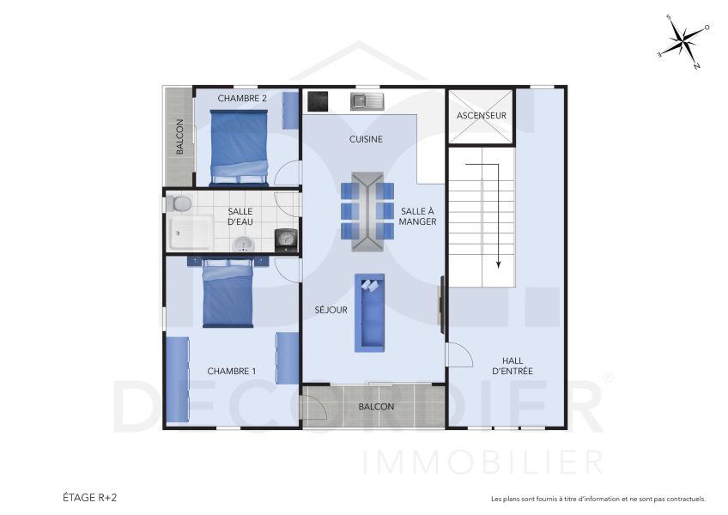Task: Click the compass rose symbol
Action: point(683,40)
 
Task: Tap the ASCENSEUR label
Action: point(481,115)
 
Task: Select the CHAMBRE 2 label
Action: point(242,98)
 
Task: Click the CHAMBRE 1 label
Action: point(232,371)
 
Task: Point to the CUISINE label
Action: point(366,139)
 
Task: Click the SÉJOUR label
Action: point(331,310)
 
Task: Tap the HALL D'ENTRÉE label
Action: point(513,366)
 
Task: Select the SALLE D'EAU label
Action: point(240,217)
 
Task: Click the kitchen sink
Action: point(367,102)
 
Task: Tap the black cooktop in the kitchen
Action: point(318,101)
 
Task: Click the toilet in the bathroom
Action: point(180,204)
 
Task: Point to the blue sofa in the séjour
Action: point(370,313)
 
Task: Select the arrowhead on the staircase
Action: point(497,264)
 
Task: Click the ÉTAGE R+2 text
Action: point(90,497)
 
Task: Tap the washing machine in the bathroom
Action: point(285,238)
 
